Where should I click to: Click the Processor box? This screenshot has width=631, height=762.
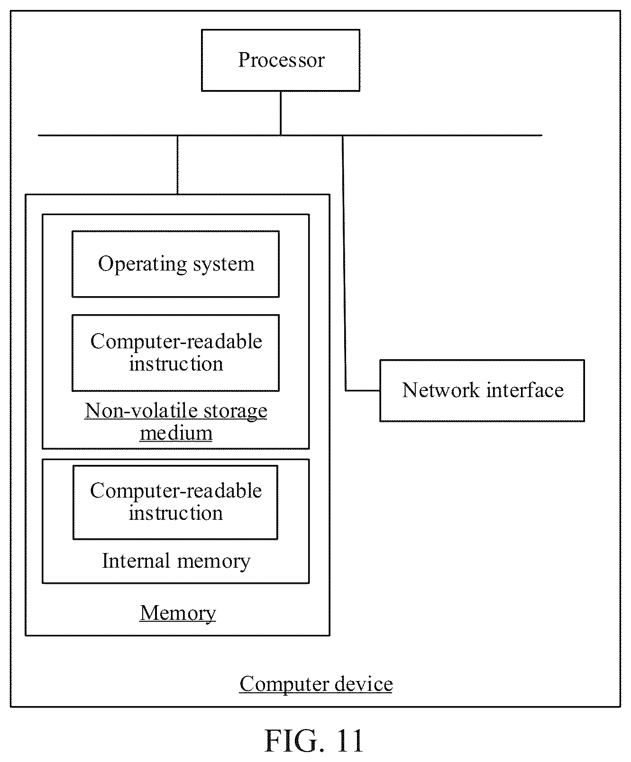click(x=281, y=60)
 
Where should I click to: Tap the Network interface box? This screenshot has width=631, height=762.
click(x=482, y=390)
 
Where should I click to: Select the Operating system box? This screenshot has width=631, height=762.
click(x=175, y=264)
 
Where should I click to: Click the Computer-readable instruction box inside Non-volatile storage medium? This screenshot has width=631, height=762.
click(x=175, y=353)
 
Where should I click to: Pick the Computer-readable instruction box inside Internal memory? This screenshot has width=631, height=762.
click(x=175, y=502)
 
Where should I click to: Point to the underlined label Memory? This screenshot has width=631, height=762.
click(x=178, y=613)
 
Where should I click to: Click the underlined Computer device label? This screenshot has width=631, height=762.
click(x=316, y=684)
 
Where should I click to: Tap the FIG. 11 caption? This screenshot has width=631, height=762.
click(x=314, y=741)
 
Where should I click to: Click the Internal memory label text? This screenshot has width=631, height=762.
click(x=176, y=561)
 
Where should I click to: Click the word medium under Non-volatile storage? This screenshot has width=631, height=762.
click(x=176, y=433)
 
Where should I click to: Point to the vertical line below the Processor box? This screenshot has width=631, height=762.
click(x=281, y=113)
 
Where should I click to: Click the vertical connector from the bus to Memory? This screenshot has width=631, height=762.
click(x=178, y=165)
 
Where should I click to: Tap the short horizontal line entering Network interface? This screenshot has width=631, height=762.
click(x=363, y=391)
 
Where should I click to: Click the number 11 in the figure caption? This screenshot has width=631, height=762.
click(x=349, y=741)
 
